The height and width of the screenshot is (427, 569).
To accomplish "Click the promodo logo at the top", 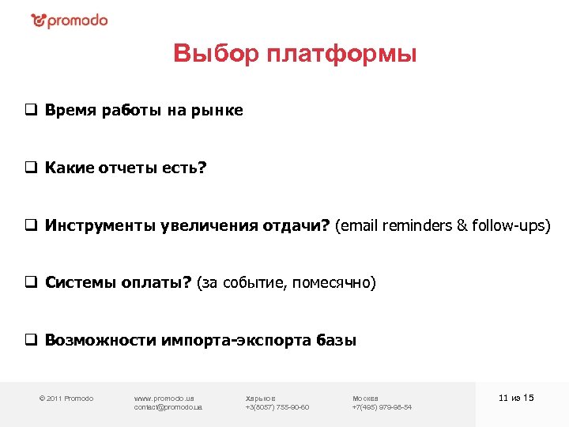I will pyautogui.click(x=70, y=21).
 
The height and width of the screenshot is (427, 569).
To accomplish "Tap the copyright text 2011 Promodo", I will pyautogui.click(x=66, y=398).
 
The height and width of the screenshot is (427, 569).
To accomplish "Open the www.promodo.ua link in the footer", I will pyautogui.click(x=164, y=398).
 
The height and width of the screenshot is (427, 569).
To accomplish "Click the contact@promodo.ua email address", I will pyautogui.click(x=168, y=407).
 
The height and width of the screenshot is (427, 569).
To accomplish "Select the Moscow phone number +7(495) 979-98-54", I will pyautogui.click(x=382, y=407).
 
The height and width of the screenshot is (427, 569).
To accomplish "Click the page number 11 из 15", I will pyautogui.click(x=517, y=397).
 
